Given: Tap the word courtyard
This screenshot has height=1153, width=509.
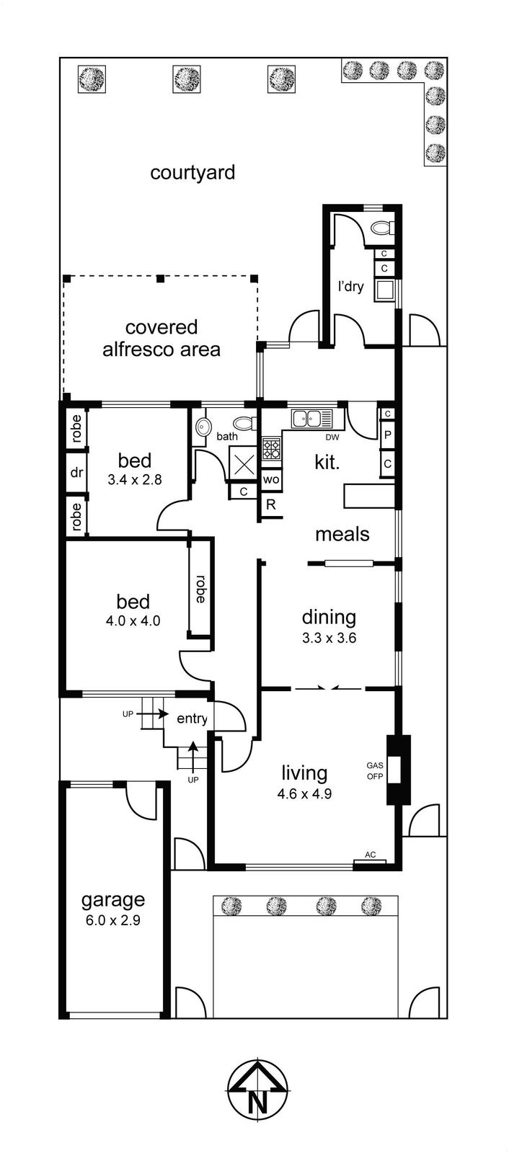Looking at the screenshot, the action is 192,173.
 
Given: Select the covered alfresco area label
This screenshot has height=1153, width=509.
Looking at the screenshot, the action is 161,338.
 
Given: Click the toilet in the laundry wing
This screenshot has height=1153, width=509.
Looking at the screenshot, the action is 383,227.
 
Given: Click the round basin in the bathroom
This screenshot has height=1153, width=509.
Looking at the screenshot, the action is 202,425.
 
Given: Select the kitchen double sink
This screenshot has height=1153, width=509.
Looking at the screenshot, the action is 312,418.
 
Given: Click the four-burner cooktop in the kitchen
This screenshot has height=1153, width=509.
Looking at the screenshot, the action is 272,448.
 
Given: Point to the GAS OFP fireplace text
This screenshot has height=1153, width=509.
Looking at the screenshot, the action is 374,771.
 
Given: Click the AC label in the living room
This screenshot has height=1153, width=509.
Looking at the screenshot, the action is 370,855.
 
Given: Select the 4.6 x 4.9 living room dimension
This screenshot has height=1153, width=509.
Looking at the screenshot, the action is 304,794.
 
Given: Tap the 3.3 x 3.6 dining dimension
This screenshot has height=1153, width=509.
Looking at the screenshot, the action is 329,638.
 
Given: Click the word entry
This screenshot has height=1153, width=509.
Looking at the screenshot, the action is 192,718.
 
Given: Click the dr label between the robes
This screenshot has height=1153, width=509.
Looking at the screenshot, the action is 76,472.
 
